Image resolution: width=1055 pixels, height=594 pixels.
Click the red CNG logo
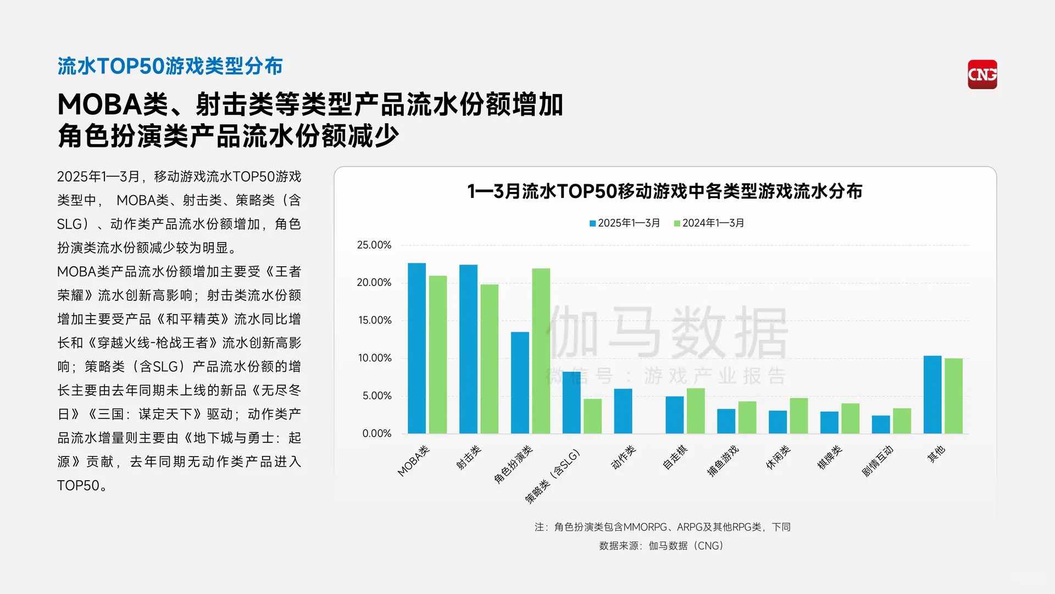[982, 74]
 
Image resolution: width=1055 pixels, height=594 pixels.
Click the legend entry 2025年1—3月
[625, 223]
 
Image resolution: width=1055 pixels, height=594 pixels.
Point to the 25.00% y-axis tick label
[374, 245]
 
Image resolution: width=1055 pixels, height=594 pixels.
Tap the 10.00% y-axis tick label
[375, 358]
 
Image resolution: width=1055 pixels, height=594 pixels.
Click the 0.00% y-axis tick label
[377, 433]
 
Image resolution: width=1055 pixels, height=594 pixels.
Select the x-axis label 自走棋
[675, 458]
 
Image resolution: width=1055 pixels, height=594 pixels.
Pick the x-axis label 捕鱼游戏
[723, 461]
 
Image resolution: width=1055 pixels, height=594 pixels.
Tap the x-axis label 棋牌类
[829, 458]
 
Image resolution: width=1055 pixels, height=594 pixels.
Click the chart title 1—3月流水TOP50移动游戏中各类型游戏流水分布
[665, 191]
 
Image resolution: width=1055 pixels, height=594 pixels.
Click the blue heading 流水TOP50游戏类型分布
[170, 66]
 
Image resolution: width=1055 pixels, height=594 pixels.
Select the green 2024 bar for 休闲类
[798, 415]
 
